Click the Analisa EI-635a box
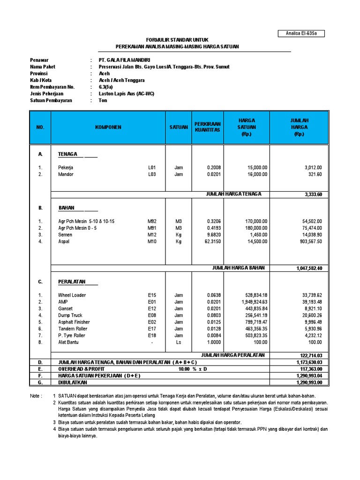click(x=301, y=33)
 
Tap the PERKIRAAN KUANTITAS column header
click(x=207, y=127)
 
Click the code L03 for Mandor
click(x=152, y=174)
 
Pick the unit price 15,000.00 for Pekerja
click(x=257, y=167)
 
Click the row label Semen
click(x=65, y=234)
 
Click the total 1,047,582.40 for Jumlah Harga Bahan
click(x=309, y=268)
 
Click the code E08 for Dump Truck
click(x=152, y=315)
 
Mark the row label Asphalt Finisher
click(x=74, y=322)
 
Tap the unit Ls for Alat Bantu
click(x=179, y=342)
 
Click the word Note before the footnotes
click(x=36, y=396)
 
